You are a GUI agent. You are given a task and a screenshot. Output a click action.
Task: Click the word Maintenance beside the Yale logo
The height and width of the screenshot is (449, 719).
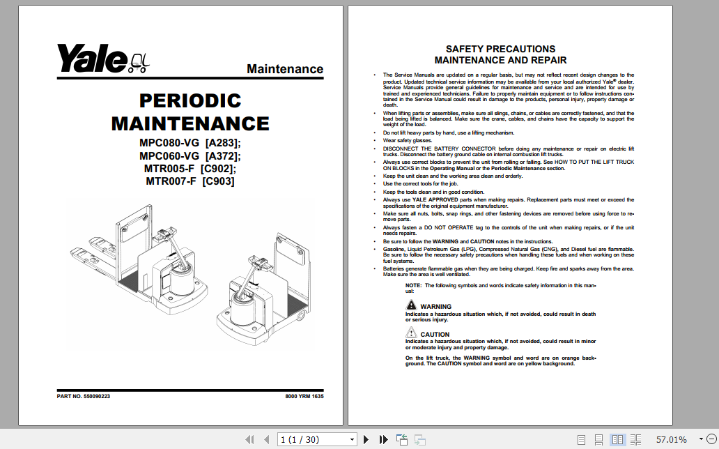284,69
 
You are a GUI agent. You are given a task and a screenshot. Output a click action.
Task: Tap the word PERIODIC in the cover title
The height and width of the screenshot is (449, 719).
190,101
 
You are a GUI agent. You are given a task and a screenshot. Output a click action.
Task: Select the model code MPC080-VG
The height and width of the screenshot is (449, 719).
169,143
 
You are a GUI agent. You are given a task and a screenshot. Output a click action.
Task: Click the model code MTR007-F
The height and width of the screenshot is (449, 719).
171,181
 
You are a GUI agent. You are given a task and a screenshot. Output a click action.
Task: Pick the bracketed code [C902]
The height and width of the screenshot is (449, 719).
218,169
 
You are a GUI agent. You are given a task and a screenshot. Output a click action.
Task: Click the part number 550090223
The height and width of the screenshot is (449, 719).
97,396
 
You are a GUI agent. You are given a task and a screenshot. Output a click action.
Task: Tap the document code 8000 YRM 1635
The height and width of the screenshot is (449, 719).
304,396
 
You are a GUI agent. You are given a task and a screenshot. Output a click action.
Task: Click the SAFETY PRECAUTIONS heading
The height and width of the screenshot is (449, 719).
500,49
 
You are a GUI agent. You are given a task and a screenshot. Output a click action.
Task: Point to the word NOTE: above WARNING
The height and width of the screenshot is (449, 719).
413,285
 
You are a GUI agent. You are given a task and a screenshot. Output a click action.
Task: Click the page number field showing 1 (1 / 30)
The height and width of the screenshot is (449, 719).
317,439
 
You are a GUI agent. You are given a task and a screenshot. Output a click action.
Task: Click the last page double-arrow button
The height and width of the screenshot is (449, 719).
383,439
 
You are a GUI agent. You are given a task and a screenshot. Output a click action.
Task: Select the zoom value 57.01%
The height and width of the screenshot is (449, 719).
671,439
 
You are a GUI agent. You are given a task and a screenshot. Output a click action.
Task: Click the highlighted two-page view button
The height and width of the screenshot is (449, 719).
617,439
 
